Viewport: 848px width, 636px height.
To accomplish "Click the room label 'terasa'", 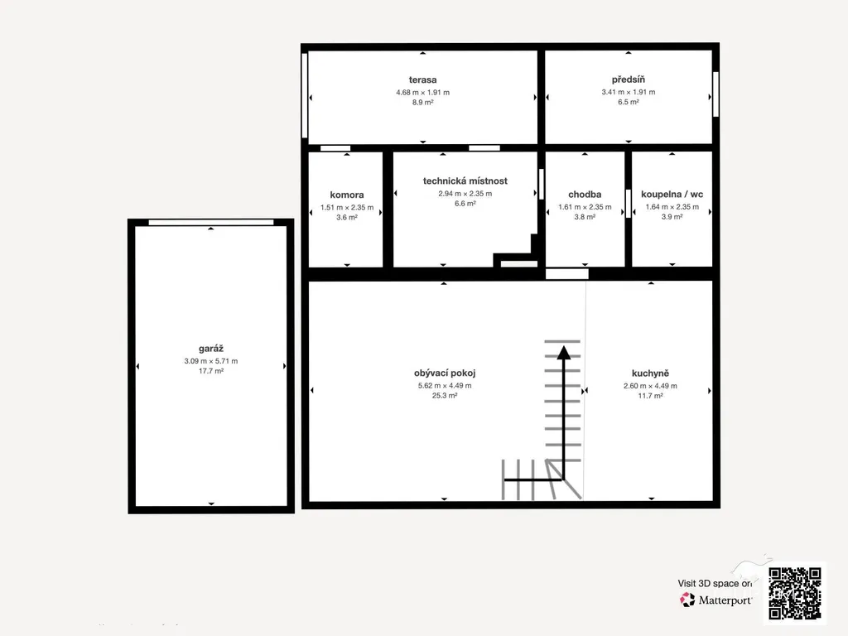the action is [422, 80].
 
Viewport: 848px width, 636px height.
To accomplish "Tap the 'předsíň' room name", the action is [628, 79].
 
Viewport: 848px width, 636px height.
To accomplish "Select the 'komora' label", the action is [347, 195].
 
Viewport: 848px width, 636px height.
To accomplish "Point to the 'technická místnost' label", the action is [465, 181].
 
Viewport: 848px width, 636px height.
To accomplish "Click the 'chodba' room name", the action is [585, 194].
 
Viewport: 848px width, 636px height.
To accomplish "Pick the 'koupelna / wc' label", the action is [672, 194].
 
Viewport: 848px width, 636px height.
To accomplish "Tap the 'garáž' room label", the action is [211, 349].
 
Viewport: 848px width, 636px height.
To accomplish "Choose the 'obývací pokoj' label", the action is [445, 373].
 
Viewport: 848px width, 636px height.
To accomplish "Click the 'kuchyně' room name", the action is [650, 373].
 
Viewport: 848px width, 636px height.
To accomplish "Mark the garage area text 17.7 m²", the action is [211, 371].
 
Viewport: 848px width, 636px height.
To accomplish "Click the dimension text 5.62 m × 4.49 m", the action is [445, 386].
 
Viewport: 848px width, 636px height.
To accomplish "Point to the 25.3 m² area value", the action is [445, 395].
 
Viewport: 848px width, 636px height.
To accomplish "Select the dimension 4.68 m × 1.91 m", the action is [422, 93].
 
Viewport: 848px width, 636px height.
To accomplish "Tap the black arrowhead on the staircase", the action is [563, 353].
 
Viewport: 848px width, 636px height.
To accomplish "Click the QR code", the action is [795, 593].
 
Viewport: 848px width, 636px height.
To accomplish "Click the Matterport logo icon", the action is [687, 600].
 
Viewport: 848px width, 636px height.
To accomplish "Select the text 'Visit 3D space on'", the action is [715, 584].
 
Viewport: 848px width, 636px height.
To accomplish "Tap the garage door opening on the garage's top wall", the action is [211, 222].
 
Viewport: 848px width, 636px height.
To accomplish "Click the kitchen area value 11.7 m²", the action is [650, 395].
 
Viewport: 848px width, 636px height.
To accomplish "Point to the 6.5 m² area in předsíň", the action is [628, 102].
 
